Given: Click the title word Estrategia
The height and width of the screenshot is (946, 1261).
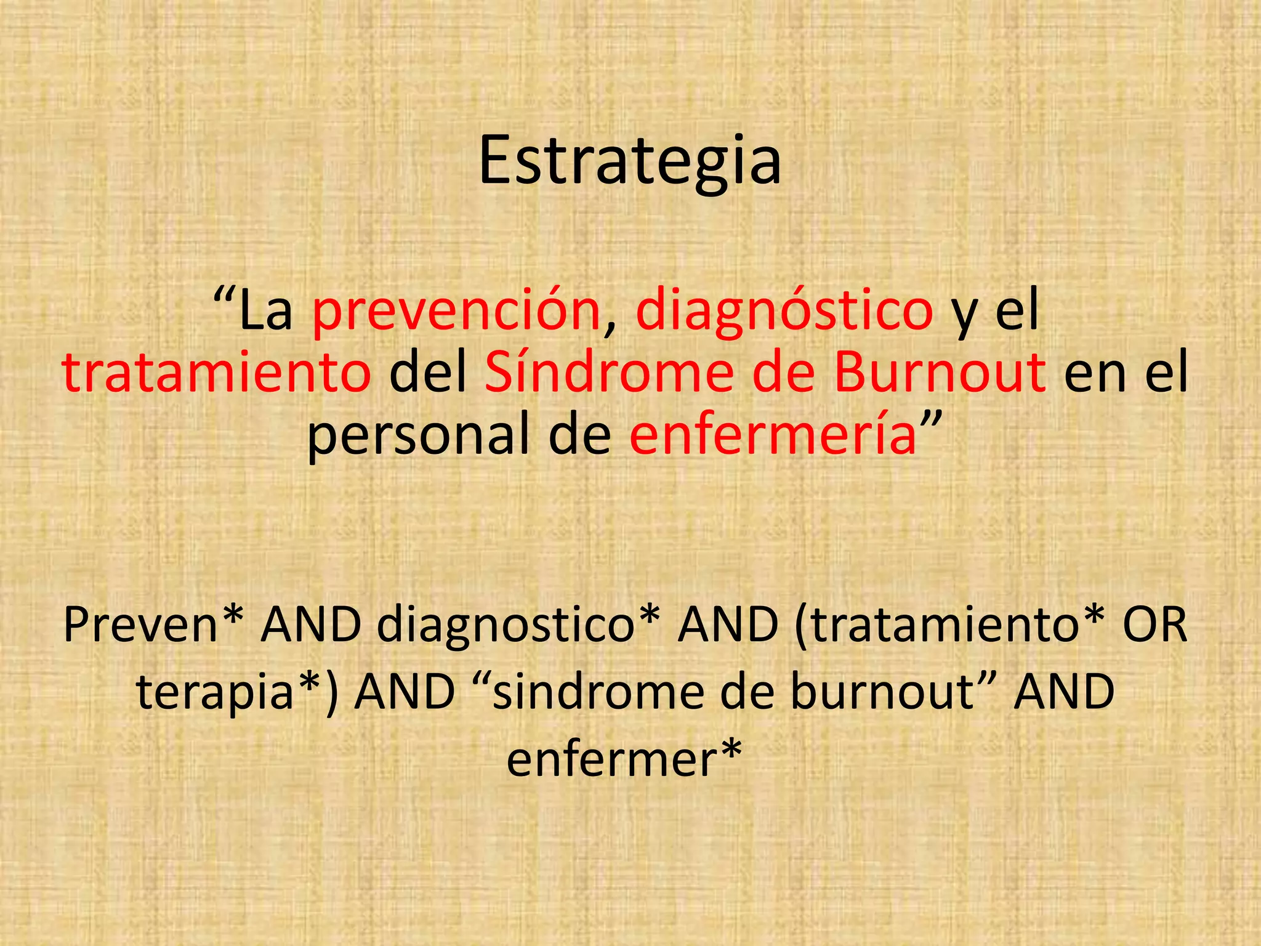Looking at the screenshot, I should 630,161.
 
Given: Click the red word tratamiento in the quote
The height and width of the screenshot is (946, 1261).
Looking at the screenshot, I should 216,373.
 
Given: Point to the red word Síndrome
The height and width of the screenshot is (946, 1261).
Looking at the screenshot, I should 609,373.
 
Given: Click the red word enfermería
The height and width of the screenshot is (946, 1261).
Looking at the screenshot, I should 773,435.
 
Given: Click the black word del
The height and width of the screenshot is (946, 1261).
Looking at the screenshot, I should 428,373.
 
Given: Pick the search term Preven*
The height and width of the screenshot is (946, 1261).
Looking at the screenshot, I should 153,625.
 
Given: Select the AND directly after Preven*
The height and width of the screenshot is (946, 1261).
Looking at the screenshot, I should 310,625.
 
